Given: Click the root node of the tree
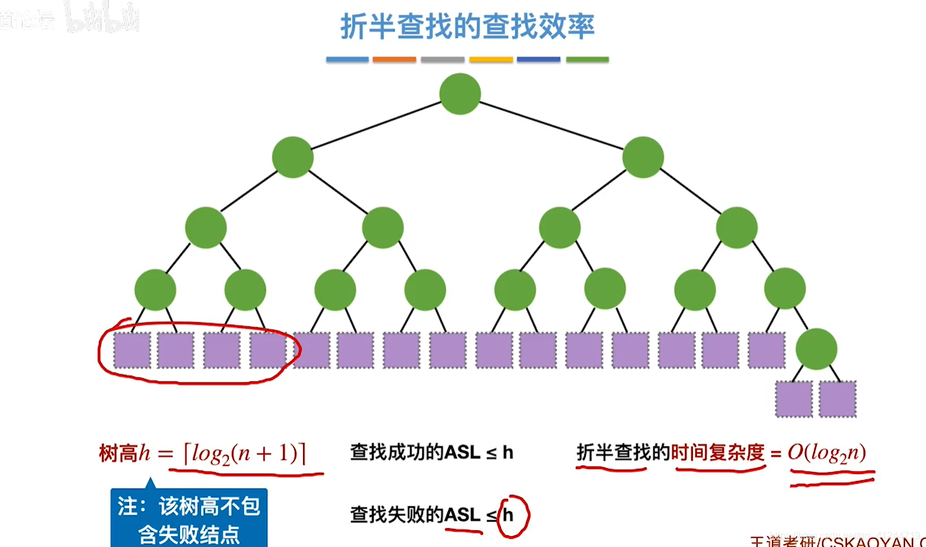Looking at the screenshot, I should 460,94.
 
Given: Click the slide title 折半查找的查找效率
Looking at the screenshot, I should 467,27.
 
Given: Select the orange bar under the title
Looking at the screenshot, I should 394,59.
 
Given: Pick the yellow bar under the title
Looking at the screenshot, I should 491,59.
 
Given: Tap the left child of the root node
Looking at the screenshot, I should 293,157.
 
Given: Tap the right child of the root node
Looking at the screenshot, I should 643,157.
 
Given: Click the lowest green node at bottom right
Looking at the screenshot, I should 816,350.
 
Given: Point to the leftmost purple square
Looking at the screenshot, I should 132,350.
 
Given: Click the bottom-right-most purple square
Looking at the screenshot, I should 837,399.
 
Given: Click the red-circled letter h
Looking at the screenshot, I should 508,515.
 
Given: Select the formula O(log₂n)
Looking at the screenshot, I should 826,453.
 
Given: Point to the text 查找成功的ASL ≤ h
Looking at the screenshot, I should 431,452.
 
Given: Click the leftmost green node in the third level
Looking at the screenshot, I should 206,228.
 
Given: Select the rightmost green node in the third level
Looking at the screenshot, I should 736,228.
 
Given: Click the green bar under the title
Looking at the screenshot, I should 587,59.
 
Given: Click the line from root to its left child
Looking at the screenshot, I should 376,126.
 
